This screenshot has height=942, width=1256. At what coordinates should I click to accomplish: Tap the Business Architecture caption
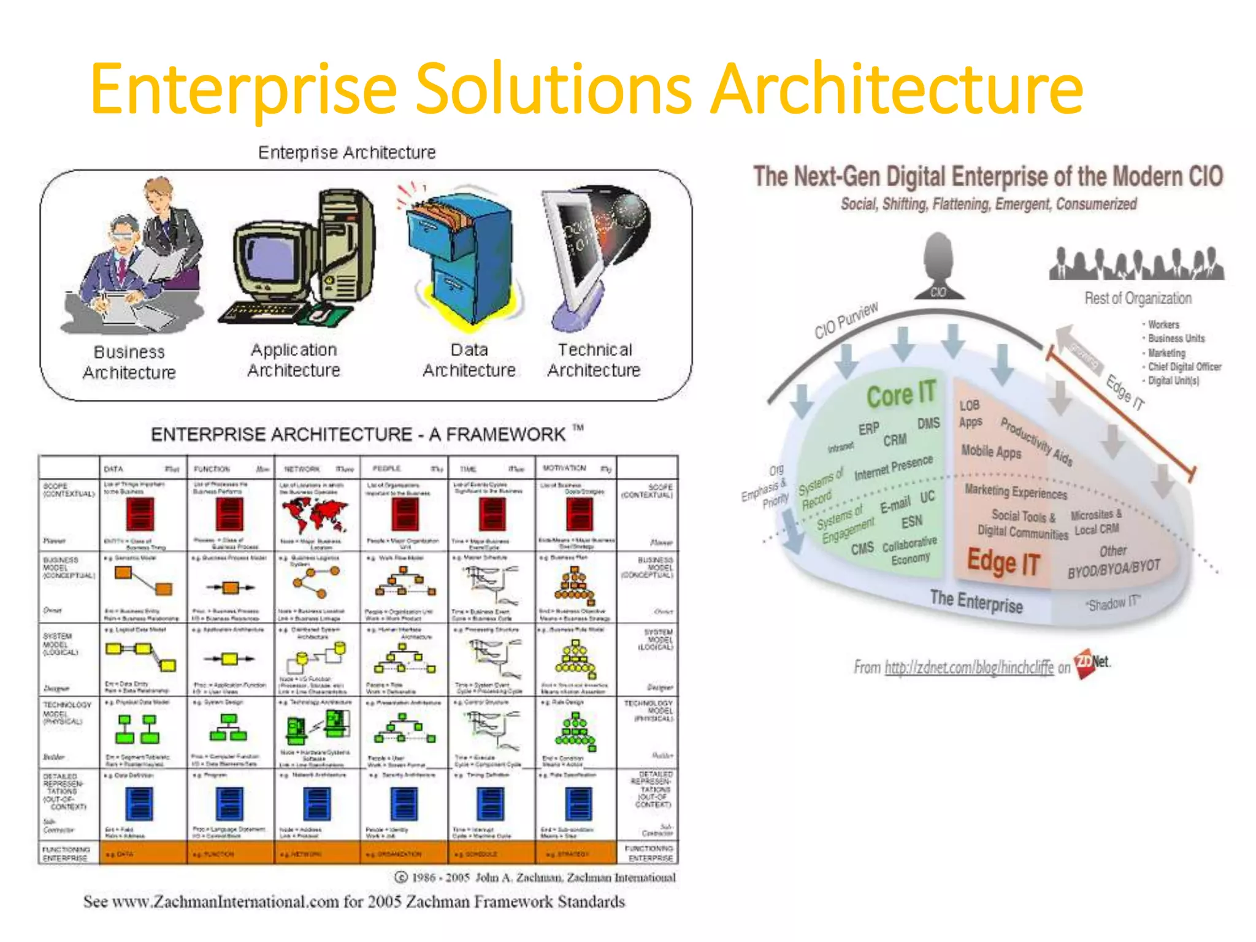129,362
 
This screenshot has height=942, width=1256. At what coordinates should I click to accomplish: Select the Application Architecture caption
294,360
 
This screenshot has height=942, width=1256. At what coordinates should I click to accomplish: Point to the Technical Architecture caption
594,360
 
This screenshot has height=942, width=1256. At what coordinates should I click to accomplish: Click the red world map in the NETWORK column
315,514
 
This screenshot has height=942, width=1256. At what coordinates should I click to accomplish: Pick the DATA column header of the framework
114,469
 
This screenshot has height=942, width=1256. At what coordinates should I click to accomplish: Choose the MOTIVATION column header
564,469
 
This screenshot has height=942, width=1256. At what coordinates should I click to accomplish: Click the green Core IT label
900,394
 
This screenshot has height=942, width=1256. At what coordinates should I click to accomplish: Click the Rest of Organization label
1138,299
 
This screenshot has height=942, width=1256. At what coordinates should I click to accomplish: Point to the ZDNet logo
1092,664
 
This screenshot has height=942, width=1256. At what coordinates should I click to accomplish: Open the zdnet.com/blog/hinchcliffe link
968,667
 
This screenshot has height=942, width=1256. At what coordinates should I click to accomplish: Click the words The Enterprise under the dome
976,601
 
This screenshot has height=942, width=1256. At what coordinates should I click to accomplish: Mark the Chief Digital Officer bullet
1184,367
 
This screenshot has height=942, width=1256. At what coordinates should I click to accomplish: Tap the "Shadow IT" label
1112,604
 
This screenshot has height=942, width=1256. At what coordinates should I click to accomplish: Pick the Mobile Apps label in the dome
991,451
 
